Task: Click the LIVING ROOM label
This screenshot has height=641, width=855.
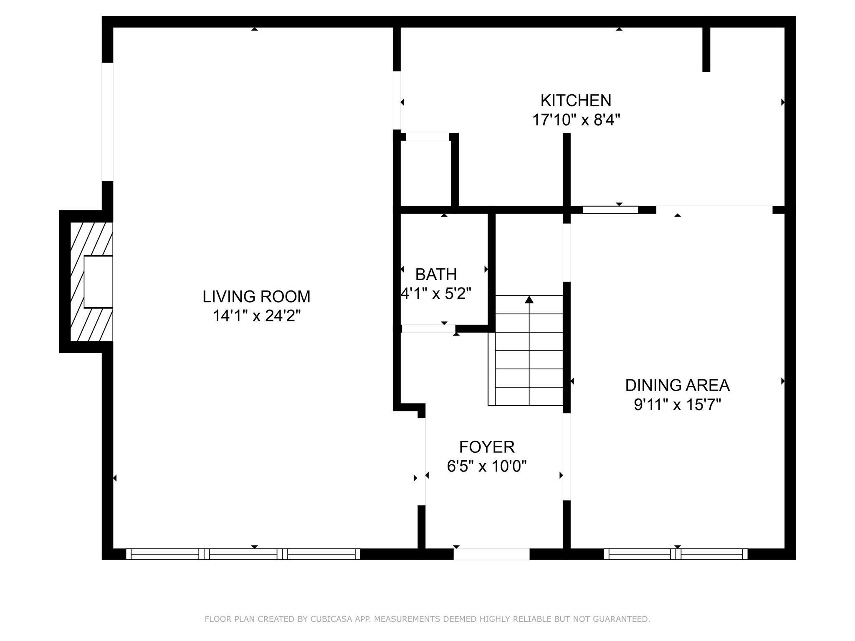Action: [x=256, y=297]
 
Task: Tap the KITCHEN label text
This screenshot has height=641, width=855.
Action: [x=576, y=101]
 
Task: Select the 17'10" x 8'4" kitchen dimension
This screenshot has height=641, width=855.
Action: [x=576, y=120]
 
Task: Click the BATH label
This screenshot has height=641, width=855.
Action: [x=436, y=275]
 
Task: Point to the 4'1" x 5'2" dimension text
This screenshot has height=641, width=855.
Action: [x=436, y=294]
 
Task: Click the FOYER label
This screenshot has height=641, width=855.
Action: [x=487, y=447]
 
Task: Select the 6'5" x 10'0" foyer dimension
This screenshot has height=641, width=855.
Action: [x=487, y=466]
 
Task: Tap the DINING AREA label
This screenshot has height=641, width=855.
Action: [x=677, y=385]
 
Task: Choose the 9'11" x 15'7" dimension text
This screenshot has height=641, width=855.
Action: [x=677, y=405]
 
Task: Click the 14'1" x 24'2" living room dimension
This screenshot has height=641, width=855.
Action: [x=256, y=316]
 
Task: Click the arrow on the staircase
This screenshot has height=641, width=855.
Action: [x=529, y=300]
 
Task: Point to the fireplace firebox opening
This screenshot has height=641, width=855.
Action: [x=99, y=282]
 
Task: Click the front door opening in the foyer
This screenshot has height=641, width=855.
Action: [x=491, y=554]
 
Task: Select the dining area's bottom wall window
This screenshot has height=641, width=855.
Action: [x=675, y=554]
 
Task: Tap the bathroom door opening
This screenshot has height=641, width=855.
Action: [x=428, y=328]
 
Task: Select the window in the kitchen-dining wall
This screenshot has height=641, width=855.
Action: [x=610, y=209]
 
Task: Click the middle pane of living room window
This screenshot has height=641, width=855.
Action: [x=243, y=554]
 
